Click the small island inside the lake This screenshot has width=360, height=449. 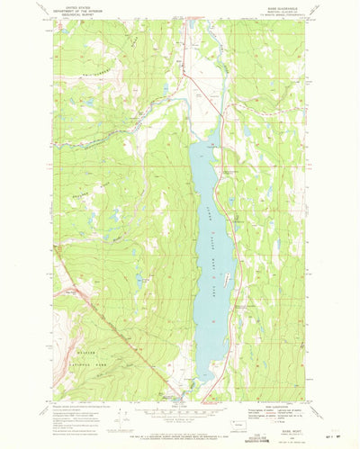[x=227, y=267]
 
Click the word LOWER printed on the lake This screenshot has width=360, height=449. [x=207, y=211]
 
